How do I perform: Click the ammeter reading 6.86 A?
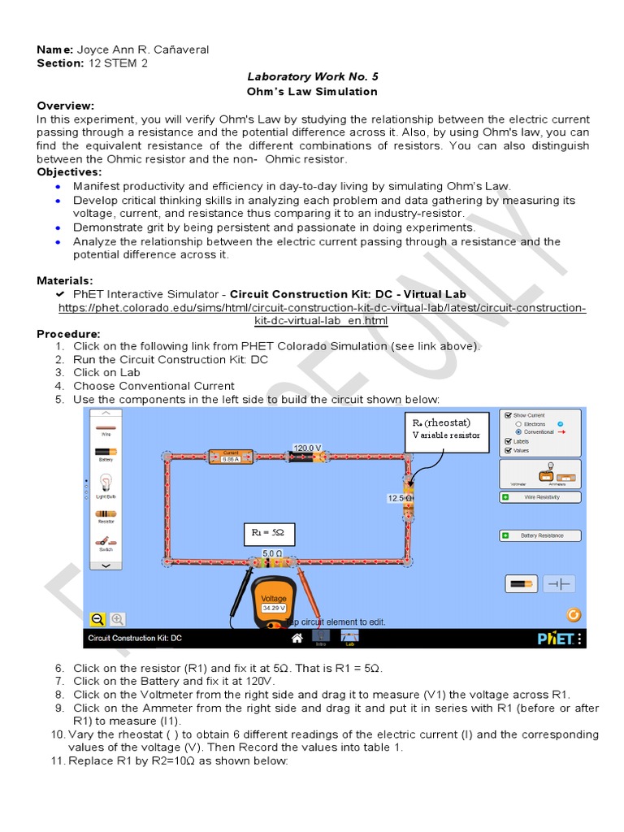[x=230, y=458]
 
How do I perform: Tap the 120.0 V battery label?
[x=307, y=448]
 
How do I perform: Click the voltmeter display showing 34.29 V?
[x=274, y=608]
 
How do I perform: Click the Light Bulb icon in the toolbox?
[x=106, y=485]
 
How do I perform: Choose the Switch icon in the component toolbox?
[x=106, y=542]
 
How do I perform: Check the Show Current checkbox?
[x=508, y=414]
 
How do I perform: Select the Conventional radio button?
[x=519, y=432]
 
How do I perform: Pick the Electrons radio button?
[x=519, y=424]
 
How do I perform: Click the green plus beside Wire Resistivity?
[x=505, y=496]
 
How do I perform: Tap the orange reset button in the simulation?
[x=573, y=615]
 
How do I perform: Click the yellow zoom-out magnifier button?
[x=97, y=619]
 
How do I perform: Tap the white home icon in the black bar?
[x=297, y=638]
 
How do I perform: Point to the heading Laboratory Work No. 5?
[x=313, y=77]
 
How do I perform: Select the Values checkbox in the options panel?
[x=508, y=450]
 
